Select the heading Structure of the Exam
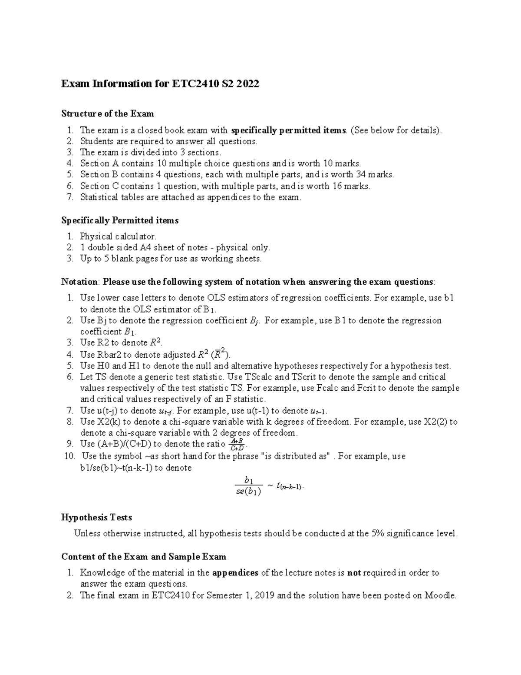click(x=108, y=114)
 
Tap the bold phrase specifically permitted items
click(x=289, y=130)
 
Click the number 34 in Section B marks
click(x=360, y=175)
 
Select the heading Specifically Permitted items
click(x=120, y=220)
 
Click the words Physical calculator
click(x=118, y=236)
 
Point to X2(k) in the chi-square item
click(x=106, y=422)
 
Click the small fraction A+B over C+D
click(x=237, y=444)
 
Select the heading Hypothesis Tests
click(x=96, y=518)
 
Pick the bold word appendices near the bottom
click(x=235, y=573)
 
